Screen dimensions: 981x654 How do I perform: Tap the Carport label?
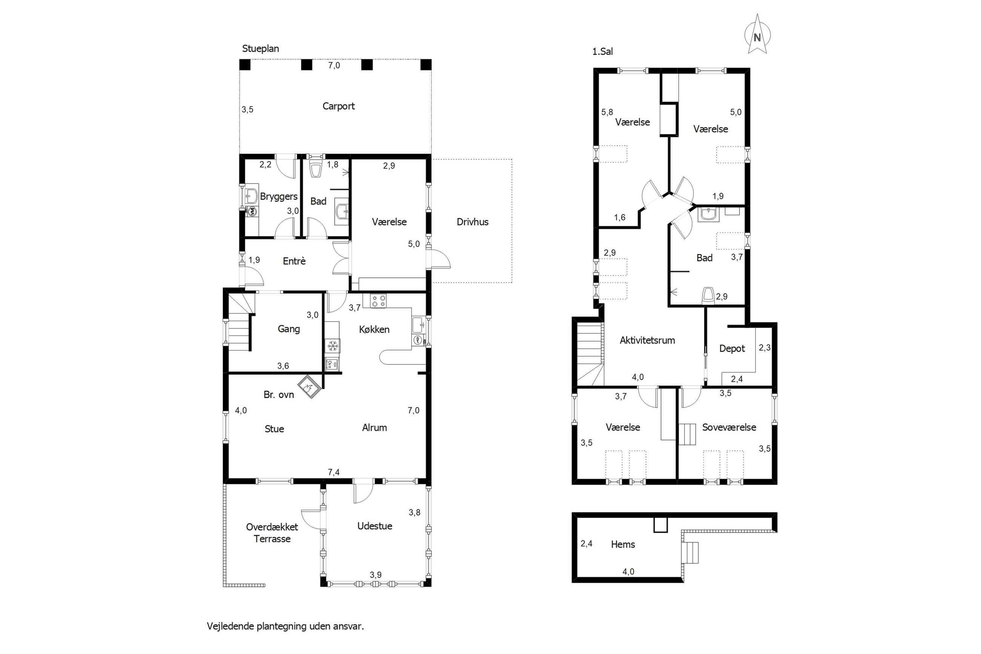click(338, 106)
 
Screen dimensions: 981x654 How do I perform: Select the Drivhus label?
click(472, 222)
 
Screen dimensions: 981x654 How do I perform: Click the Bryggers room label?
click(278, 197)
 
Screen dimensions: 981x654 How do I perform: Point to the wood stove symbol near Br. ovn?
click(309, 387)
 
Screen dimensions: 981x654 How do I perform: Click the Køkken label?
click(374, 329)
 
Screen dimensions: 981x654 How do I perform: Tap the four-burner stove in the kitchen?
click(378, 301)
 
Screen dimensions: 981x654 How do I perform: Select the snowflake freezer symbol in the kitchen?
click(333, 346)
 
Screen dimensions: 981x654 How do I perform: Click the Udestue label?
click(374, 526)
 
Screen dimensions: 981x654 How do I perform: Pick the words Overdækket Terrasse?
click(272, 532)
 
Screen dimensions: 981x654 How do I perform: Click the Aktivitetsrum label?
click(647, 340)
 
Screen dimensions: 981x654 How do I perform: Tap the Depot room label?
click(732, 349)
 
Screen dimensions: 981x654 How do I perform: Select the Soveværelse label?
click(729, 427)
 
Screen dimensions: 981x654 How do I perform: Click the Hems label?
click(623, 544)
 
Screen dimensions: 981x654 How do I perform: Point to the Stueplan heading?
click(261, 49)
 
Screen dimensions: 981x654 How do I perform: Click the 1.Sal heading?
click(603, 52)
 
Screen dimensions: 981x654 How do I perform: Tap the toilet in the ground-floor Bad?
click(317, 169)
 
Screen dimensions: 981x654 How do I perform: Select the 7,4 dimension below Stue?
click(334, 472)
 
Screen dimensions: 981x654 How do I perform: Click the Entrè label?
click(294, 261)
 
